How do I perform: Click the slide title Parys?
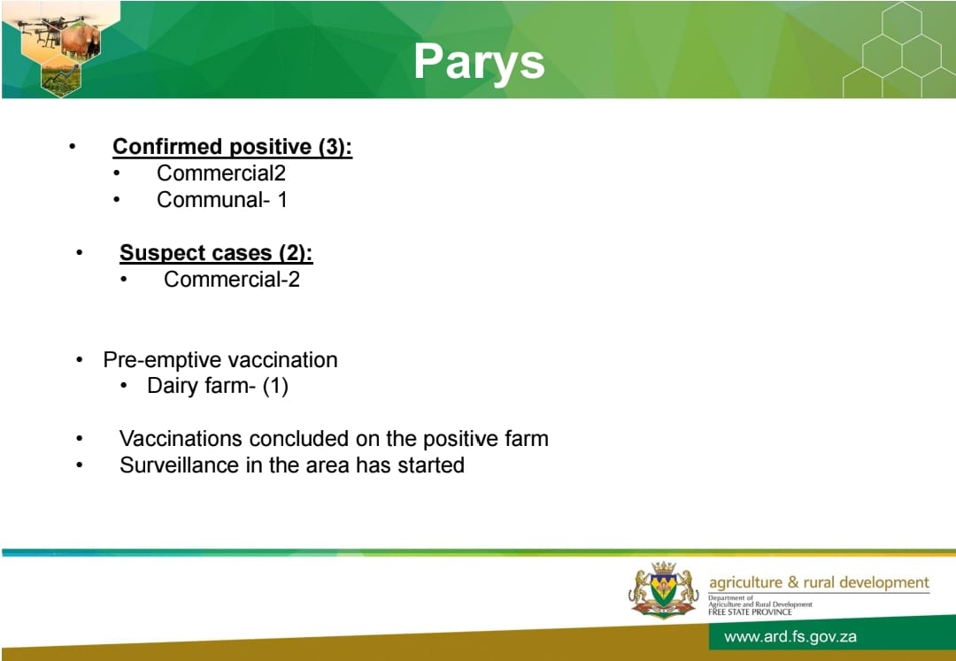[x=479, y=63]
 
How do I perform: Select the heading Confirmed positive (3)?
[x=232, y=147]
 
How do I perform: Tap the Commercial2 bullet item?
[x=220, y=173]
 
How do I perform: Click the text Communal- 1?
[x=222, y=200]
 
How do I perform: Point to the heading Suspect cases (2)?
[x=216, y=253]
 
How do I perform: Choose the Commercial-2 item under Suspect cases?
[x=232, y=280]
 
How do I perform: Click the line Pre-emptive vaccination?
[x=220, y=360]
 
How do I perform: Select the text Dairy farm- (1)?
[x=218, y=386]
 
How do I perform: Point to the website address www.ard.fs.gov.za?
[x=790, y=637]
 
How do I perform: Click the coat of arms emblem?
[x=663, y=589]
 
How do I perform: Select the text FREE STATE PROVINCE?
[x=750, y=611]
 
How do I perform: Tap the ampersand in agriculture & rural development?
[x=792, y=583]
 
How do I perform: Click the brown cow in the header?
[x=81, y=42]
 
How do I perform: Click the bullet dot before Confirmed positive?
[x=73, y=147]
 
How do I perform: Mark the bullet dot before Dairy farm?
[x=125, y=386]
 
